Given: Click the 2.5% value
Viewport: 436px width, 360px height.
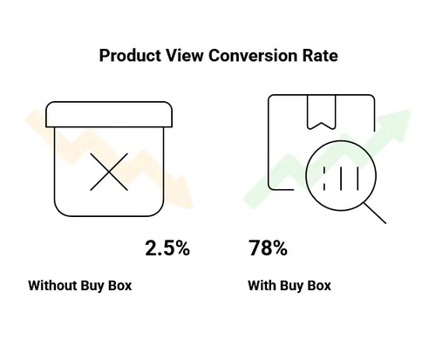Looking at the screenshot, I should pyautogui.click(x=167, y=248).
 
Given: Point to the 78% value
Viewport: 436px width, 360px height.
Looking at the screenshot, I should pyautogui.click(x=268, y=248).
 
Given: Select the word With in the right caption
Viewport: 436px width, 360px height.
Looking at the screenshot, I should pyautogui.click(x=262, y=285).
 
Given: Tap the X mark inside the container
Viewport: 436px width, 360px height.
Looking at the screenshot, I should pyautogui.click(x=108, y=169).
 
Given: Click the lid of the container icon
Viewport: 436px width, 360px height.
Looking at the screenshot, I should pyautogui.click(x=108, y=113).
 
